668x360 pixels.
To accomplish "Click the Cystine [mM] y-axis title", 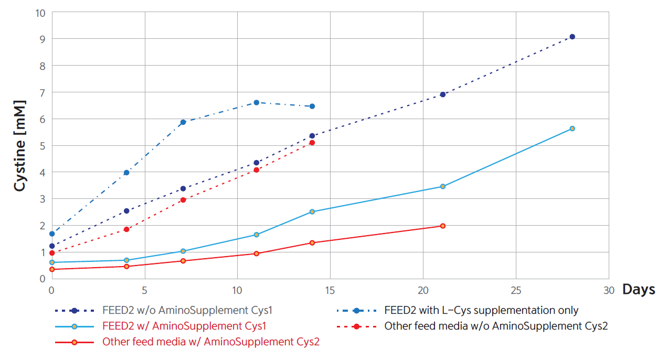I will pos(20,145).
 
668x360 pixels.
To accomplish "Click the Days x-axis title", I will pos(639,289).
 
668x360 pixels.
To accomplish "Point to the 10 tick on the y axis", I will pos(40,12).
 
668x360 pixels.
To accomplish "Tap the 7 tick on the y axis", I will pos(43,92).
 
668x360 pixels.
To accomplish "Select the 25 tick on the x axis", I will pos(516,290).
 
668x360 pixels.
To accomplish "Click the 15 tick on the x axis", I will pos(330,290).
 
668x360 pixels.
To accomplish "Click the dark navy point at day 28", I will pos(572,37).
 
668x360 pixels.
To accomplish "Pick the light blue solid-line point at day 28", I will pos(572,129).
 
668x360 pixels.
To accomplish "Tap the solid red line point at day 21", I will pos(442,226).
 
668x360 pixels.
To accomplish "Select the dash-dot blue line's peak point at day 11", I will pos(256,102).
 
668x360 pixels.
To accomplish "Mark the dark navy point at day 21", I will pos(442,94).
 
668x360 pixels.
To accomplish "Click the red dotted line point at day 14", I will pos(312,143).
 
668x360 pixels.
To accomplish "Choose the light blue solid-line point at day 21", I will pos(442,186).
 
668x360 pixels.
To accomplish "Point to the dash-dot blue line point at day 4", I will pos(126,173).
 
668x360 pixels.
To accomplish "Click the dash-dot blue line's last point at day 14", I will pos(312,106).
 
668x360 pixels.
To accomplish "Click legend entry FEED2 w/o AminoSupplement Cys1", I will pos(187,311).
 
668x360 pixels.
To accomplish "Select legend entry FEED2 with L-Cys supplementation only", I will pos(481,311).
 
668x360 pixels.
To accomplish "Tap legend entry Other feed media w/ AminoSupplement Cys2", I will pos(211,342).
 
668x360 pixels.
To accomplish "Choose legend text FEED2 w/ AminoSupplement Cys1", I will pos(184,326).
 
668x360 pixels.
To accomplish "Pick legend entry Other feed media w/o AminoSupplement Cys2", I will pos(496,326).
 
